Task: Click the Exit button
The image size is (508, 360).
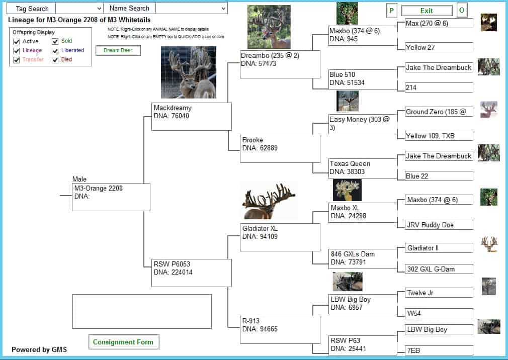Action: point(427,11)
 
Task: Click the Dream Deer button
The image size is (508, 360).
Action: point(118,50)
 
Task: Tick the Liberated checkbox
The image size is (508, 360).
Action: point(55,51)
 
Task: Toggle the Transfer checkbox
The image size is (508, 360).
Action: point(16,60)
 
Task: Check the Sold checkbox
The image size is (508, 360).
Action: point(55,41)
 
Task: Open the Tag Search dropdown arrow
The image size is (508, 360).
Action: point(99,9)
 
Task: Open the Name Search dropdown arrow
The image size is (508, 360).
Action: point(223,9)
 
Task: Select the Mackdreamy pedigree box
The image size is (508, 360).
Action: point(192,117)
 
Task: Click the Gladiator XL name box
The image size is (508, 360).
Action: point(280,237)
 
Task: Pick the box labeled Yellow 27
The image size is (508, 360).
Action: point(439,47)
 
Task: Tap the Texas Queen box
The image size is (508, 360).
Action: point(363,168)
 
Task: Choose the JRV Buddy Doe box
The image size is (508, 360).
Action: point(439,225)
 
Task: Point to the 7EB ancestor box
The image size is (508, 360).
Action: point(439,350)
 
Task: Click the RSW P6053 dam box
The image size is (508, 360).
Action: point(192,273)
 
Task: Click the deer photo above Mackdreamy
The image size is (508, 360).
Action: point(189,72)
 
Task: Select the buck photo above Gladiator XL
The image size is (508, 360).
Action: point(269,201)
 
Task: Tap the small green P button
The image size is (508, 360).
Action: point(391,11)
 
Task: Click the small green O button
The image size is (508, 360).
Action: point(462,11)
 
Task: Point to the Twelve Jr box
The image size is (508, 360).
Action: point(439,293)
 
